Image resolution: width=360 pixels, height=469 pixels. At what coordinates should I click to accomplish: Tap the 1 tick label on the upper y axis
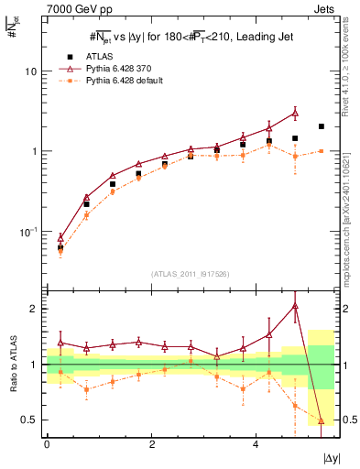pyautogui.click(x=35, y=151)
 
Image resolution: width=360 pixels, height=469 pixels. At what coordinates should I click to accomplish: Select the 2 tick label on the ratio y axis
pyautogui.click(x=35, y=309)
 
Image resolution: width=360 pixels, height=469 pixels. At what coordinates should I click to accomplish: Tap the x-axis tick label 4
pyautogui.click(x=254, y=444)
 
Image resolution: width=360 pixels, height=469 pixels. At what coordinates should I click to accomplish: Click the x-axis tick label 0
pyautogui.click(x=47, y=444)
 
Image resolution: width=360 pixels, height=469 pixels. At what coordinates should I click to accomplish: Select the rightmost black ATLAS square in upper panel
pyautogui.click(x=321, y=126)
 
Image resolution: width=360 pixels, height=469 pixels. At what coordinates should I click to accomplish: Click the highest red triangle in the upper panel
pyautogui.click(x=295, y=113)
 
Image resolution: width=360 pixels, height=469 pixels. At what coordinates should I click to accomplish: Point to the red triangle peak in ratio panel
pyautogui.click(x=295, y=306)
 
